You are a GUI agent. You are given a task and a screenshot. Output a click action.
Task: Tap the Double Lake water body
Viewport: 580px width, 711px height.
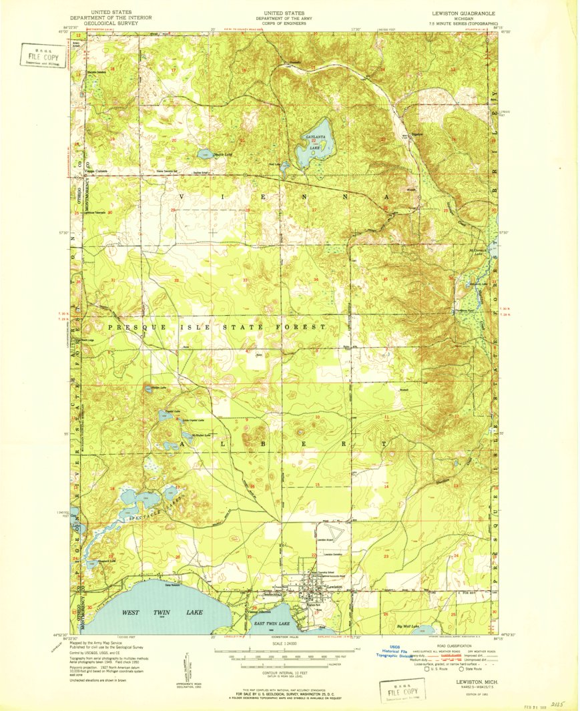[x=204, y=154]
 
